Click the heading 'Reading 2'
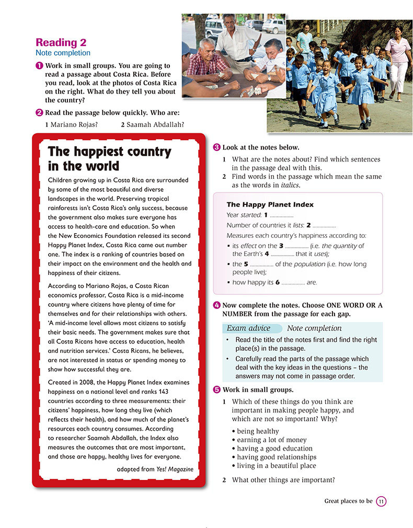pyautogui.click(x=61, y=43)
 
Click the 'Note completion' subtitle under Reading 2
pyautogui.click(x=63, y=53)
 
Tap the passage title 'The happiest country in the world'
pyautogui.click(x=109, y=159)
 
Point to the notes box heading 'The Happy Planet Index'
pyautogui.click(x=270, y=204)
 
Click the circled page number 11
pyautogui.click(x=381, y=501)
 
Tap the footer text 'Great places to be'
pyautogui.click(x=348, y=501)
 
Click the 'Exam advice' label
pyautogui.click(x=248, y=328)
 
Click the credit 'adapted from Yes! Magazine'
pyautogui.click(x=155, y=469)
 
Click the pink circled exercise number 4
pyautogui.click(x=217, y=305)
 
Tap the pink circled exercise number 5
pyautogui.click(x=217, y=390)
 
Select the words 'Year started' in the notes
pyautogui.click(x=244, y=215)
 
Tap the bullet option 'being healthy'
pyautogui.click(x=258, y=431)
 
